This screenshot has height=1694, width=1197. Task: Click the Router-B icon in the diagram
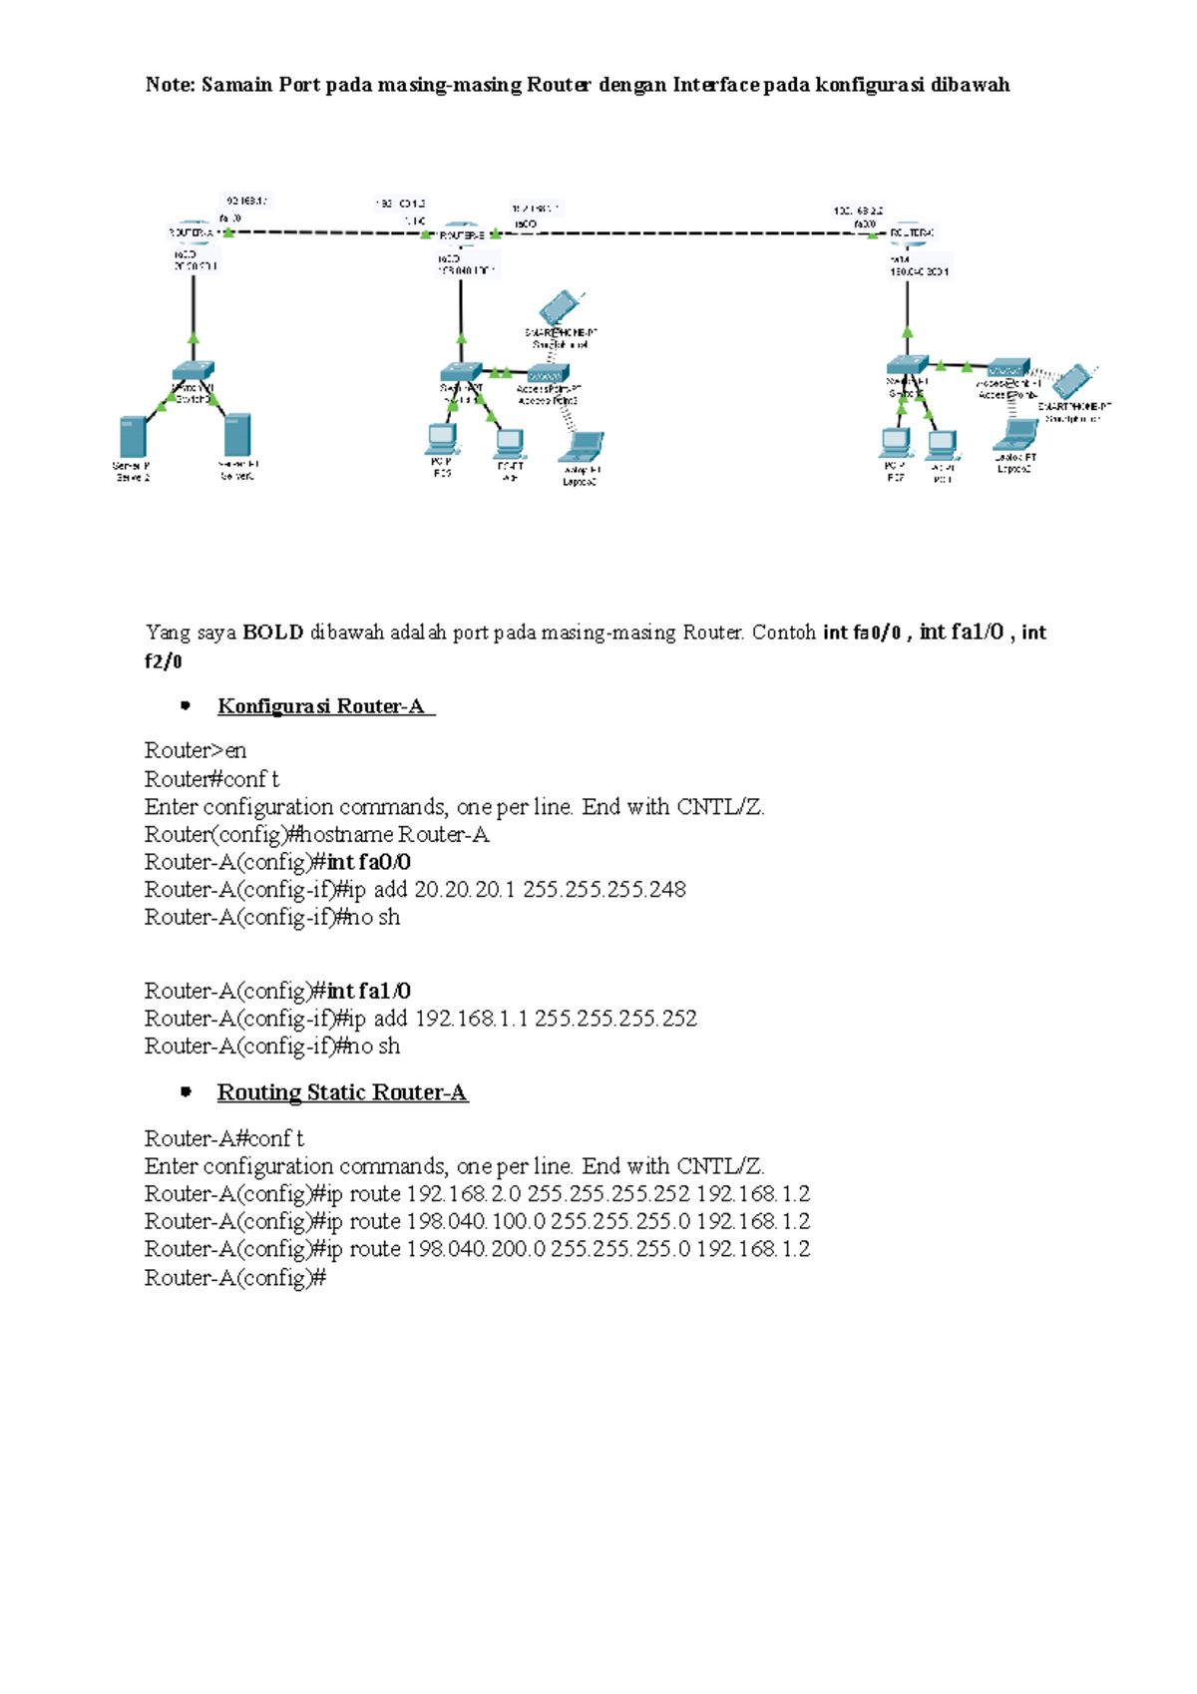(x=460, y=233)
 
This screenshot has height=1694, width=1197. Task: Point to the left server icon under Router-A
(x=133, y=437)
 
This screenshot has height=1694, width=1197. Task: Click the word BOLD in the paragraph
(x=272, y=633)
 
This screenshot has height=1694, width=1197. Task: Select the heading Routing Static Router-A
(x=342, y=1092)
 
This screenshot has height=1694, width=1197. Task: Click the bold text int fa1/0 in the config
(x=369, y=991)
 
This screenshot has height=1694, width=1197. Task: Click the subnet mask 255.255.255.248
(x=604, y=889)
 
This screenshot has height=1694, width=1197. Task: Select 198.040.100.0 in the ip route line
(x=476, y=1221)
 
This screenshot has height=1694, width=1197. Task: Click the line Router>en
(x=196, y=750)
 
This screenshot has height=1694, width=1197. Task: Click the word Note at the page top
(x=168, y=85)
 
